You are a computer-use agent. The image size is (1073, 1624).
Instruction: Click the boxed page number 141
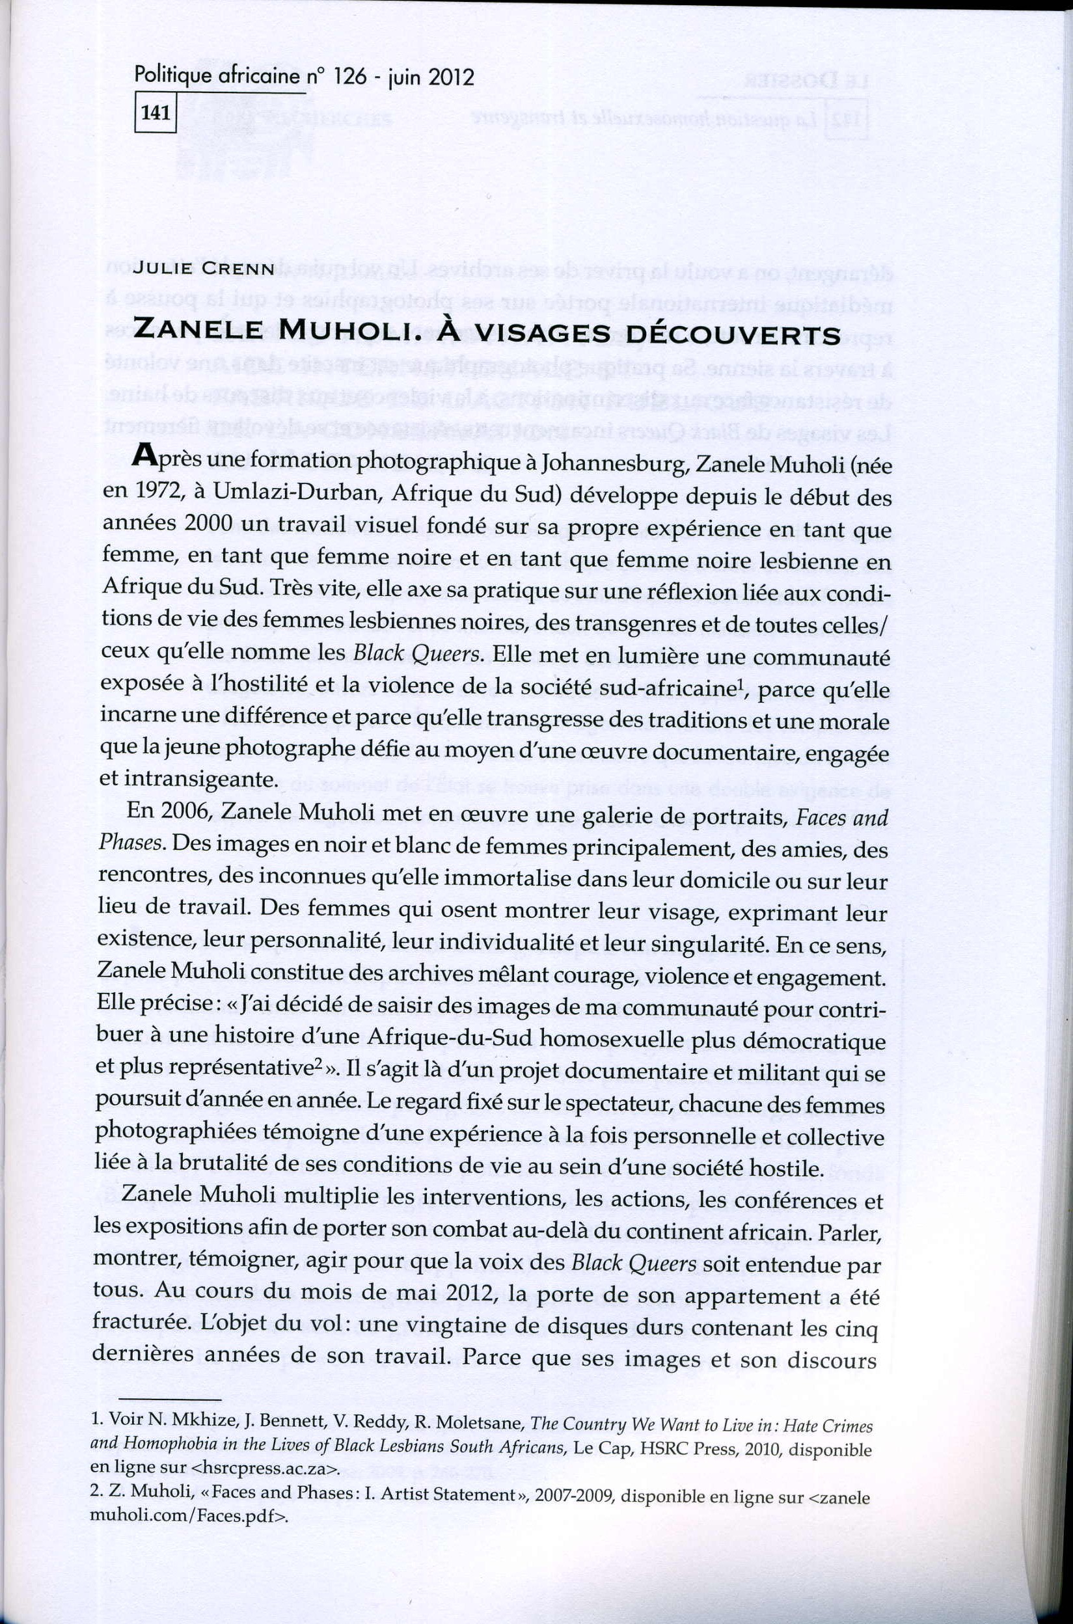(155, 115)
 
